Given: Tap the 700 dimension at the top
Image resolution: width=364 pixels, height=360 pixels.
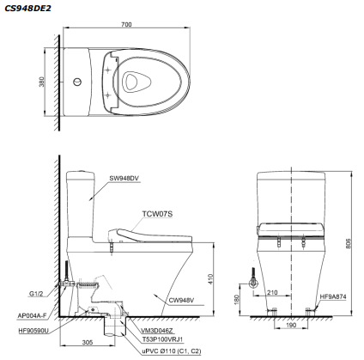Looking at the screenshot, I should pyautogui.click(x=126, y=25).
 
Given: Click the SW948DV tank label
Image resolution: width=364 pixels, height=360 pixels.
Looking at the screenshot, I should pyautogui.click(x=124, y=179).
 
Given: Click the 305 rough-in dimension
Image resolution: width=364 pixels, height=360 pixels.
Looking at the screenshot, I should pyautogui.click(x=87, y=342).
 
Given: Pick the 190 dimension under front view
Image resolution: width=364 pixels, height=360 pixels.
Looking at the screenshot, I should pyautogui.click(x=290, y=326).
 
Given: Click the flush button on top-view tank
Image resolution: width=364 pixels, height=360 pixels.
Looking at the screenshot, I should pyautogui.click(x=78, y=82).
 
